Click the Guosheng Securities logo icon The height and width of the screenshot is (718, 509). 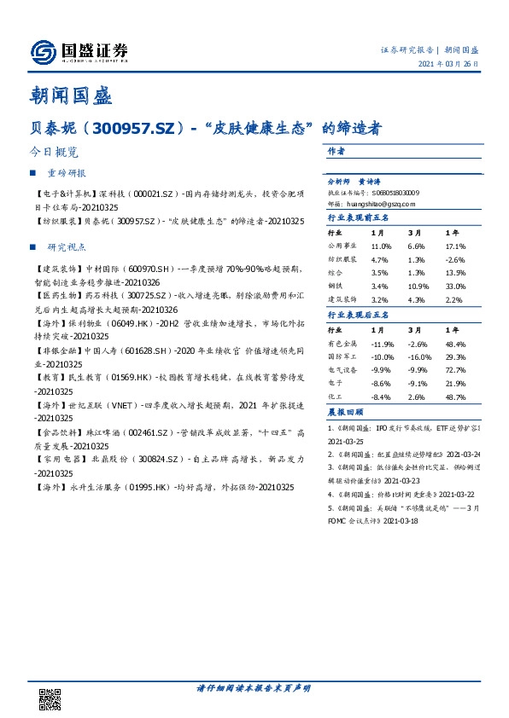point(43,52)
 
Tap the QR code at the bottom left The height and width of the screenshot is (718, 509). point(50,698)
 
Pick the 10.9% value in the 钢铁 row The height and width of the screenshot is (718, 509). point(418,286)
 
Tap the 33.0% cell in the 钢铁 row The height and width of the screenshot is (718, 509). point(455,286)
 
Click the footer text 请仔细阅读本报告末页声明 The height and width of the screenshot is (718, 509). point(253,688)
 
